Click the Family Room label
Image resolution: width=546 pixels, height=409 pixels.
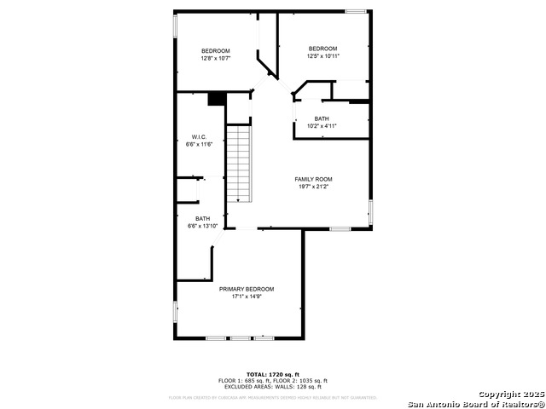[313, 179]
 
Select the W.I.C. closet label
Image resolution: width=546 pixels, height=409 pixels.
[199, 137]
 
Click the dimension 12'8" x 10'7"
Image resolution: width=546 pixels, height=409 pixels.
[216, 59]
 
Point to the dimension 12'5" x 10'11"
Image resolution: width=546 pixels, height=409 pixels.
[322, 56]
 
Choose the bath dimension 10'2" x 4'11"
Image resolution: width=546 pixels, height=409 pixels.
[322, 126]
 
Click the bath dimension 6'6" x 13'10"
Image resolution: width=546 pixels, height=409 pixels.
[203, 226]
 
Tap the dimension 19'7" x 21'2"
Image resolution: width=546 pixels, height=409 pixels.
[313, 187]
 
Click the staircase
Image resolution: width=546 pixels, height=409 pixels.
[240, 164]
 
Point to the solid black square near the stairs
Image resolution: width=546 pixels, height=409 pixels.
[217, 99]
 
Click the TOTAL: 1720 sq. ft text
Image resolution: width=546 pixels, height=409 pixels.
[273, 374]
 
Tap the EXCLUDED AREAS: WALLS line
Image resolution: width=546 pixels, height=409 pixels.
[273, 387]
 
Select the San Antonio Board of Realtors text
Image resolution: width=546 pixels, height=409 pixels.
[474, 403]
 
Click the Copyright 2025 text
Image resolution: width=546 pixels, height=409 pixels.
[508, 394]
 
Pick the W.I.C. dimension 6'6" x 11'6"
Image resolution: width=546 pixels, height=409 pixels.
[199, 145]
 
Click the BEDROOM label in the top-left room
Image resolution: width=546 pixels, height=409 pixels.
[216, 51]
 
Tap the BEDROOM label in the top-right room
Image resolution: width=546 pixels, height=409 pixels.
[322, 49]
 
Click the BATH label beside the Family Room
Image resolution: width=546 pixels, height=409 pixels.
[322, 118]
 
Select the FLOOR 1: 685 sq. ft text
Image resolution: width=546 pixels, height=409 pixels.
[243, 381]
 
